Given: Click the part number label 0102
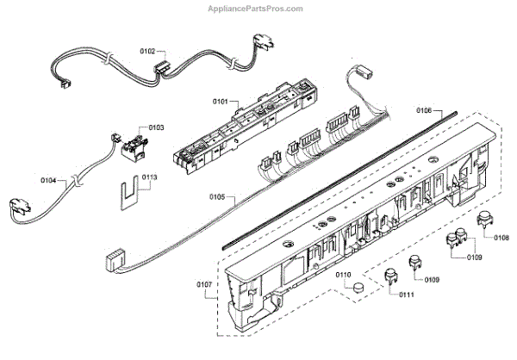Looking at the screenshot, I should click(148, 53).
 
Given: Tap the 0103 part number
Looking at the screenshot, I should click(156, 127).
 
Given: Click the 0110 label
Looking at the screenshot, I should click(343, 276).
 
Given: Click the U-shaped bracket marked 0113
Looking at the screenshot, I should click(131, 194).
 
